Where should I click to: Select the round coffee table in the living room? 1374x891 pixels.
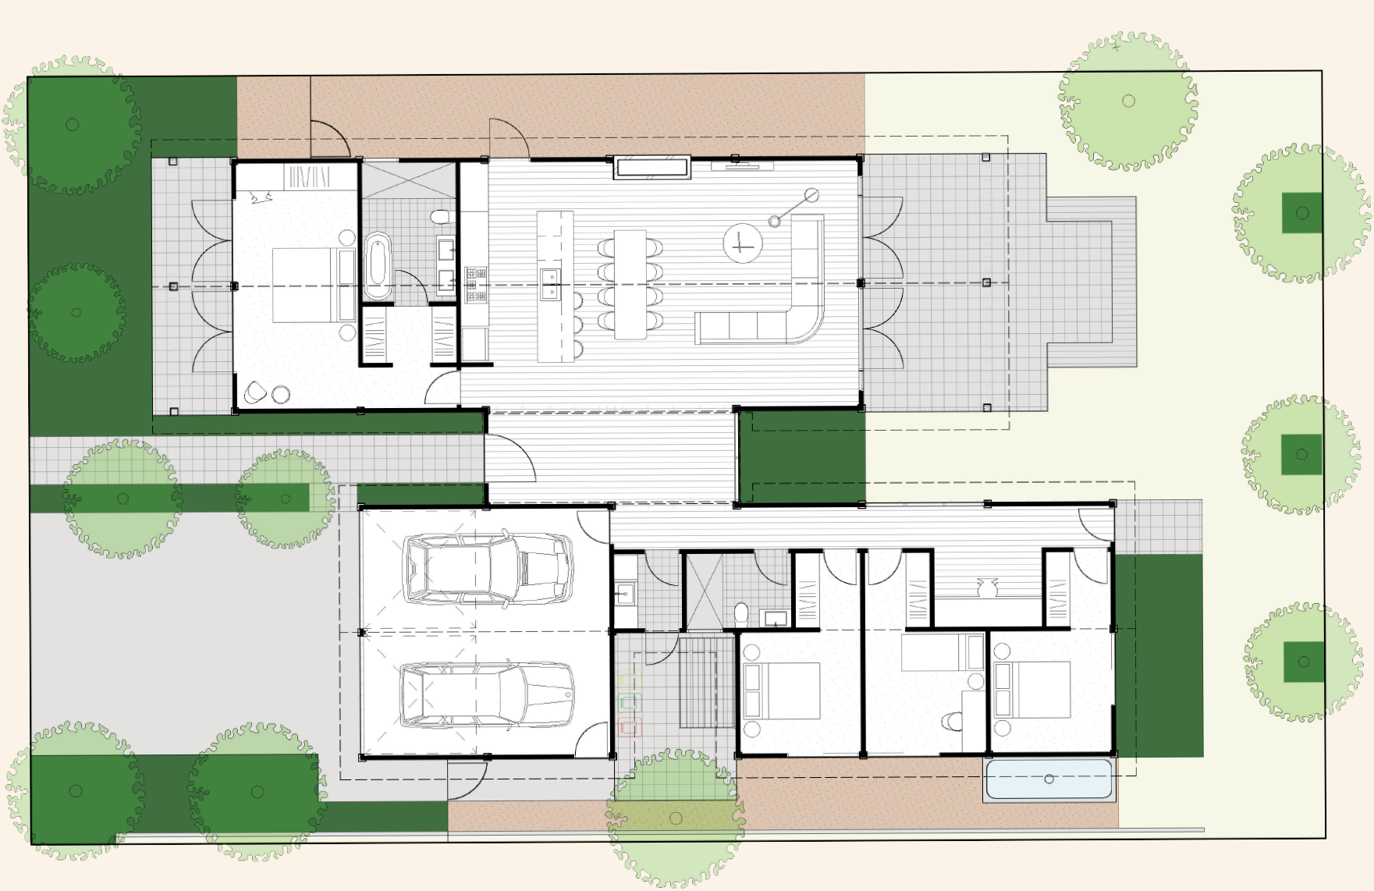(x=741, y=243)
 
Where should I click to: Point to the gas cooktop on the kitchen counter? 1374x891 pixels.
(x=476, y=285)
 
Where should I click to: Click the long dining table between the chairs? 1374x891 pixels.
(x=630, y=284)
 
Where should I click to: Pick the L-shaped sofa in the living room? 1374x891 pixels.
(x=780, y=312)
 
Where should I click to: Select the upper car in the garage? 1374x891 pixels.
(x=488, y=569)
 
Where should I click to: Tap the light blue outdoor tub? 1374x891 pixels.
(x=1049, y=779)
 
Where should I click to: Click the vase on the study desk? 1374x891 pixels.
(x=987, y=587)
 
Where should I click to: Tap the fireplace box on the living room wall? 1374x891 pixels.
(x=651, y=166)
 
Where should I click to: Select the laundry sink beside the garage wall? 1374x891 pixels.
(x=624, y=595)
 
